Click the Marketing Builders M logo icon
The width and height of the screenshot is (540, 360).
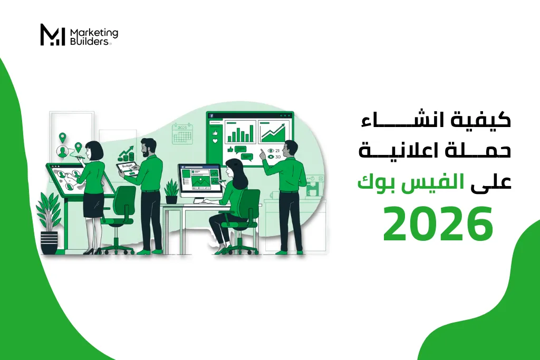click(x=52, y=35)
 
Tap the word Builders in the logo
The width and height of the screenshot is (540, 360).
click(x=89, y=41)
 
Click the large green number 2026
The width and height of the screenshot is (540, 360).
click(x=438, y=223)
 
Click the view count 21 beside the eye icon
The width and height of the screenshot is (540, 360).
click(x=277, y=151)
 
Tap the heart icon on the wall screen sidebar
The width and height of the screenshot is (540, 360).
click(x=215, y=141)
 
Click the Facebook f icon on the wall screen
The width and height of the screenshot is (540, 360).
click(x=211, y=115)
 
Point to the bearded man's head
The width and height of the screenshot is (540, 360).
click(x=149, y=148)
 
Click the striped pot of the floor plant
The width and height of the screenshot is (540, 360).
click(x=49, y=242)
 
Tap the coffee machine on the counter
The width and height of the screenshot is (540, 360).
click(x=314, y=186)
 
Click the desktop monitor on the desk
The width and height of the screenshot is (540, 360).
click(x=199, y=180)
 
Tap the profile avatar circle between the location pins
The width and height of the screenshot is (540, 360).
click(x=62, y=151)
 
